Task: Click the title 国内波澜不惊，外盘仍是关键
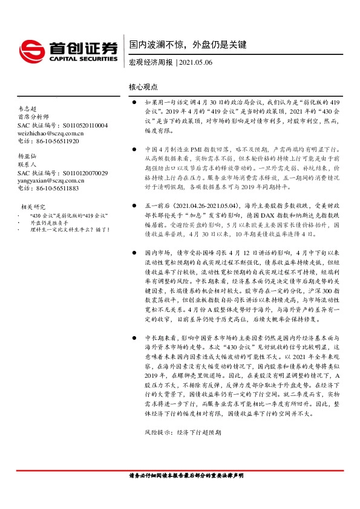[x=188, y=45]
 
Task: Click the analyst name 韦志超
[x=28, y=108]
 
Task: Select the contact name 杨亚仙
[x=28, y=156]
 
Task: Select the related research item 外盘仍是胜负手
[x=51, y=222]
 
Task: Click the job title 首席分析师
[x=31, y=117]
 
